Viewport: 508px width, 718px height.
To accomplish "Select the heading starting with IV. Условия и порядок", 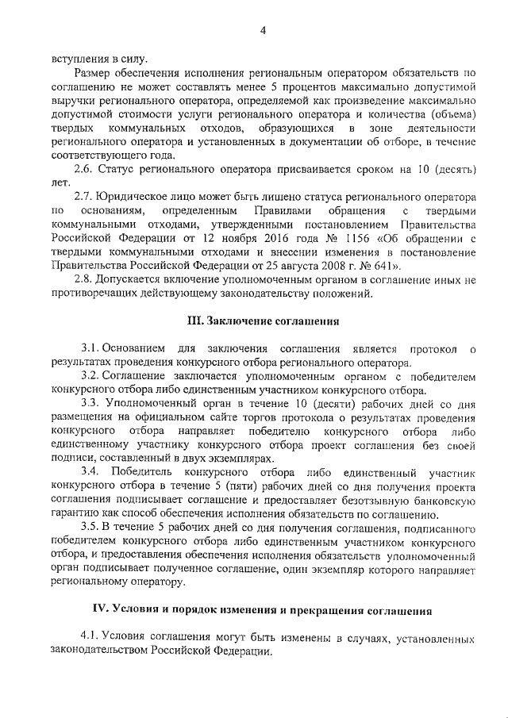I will click(262, 610).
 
